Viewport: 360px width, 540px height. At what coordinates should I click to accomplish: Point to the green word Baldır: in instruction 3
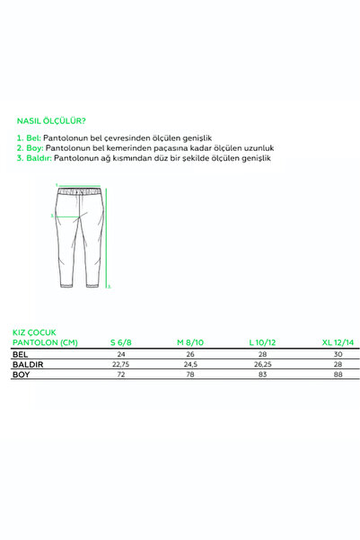(x=37, y=157)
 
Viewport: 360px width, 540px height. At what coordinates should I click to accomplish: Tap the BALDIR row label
(x=28, y=364)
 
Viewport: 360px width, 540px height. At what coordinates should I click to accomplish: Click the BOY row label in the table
(x=21, y=374)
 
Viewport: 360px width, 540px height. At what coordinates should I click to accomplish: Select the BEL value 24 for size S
(x=119, y=354)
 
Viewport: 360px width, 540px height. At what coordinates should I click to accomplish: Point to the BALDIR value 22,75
(x=119, y=364)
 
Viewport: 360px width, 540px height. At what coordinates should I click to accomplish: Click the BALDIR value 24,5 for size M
(x=191, y=364)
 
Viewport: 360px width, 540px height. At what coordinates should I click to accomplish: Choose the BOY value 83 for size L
(x=263, y=374)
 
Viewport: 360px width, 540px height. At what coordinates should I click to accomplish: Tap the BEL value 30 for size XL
(x=336, y=354)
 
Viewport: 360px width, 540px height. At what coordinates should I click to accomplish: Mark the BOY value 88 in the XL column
(x=336, y=374)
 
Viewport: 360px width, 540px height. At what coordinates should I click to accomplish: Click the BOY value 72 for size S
(x=119, y=374)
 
